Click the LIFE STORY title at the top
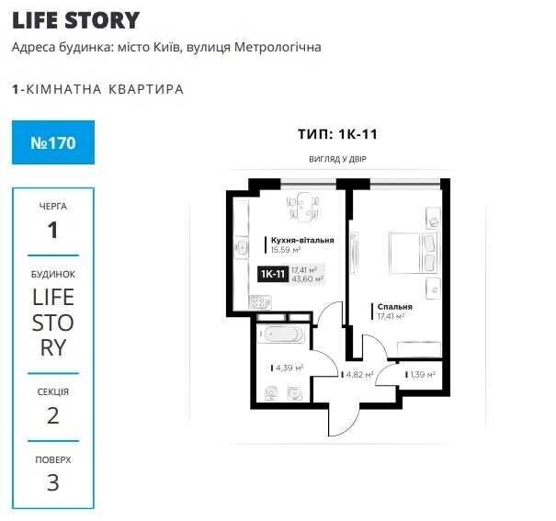(x=76, y=20)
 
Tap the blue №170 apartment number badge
(x=53, y=142)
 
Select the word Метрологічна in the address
(x=278, y=47)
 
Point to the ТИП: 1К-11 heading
(x=337, y=134)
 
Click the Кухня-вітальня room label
(x=302, y=240)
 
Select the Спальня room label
(x=394, y=307)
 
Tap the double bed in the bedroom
(x=414, y=253)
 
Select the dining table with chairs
(x=303, y=207)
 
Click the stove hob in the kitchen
(x=260, y=302)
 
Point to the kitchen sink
(x=243, y=247)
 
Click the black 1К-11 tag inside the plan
(x=273, y=274)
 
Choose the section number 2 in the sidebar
(x=52, y=415)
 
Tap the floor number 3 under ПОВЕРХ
(x=52, y=482)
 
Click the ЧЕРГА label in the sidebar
(x=52, y=206)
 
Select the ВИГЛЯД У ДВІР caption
(x=337, y=159)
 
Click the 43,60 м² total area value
(x=307, y=279)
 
